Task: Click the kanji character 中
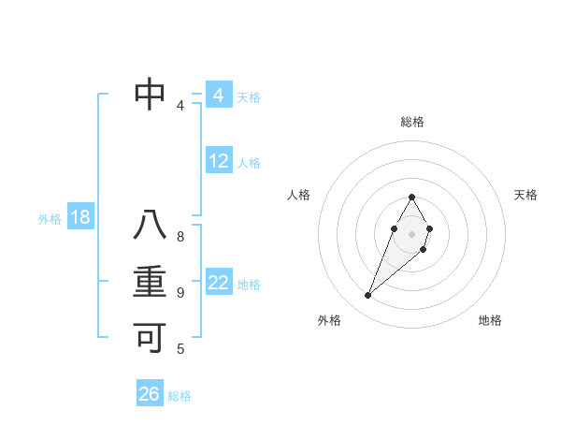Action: click(151, 94)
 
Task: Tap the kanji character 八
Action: click(151, 226)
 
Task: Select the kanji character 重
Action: click(151, 283)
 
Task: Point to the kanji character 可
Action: click(151, 338)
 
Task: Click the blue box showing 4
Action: click(219, 95)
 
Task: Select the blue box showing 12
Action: click(219, 161)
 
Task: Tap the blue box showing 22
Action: click(219, 283)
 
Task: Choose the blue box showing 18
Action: click(80, 218)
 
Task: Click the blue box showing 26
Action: click(150, 394)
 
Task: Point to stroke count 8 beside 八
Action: click(180, 237)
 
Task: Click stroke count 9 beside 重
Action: click(180, 293)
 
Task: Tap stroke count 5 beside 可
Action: click(180, 349)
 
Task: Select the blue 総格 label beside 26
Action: click(180, 396)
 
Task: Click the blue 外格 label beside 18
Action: click(50, 219)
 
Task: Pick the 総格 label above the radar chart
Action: click(412, 123)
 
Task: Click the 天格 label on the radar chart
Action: click(526, 195)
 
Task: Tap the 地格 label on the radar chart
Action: click(490, 320)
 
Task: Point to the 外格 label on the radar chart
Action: click(329, 320)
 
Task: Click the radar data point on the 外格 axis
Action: click(368, 295)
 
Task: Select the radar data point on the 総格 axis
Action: click(412, 197)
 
